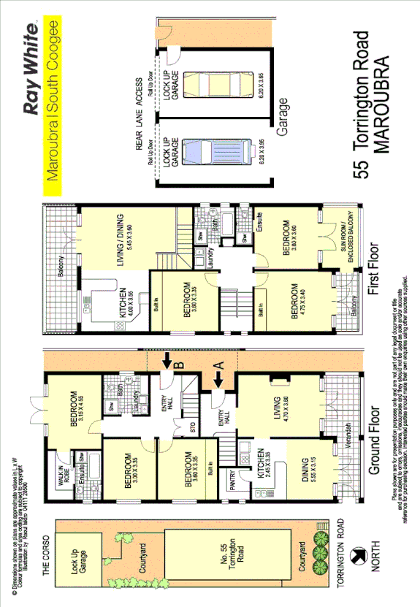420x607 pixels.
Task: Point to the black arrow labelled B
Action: tap(167, 359)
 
